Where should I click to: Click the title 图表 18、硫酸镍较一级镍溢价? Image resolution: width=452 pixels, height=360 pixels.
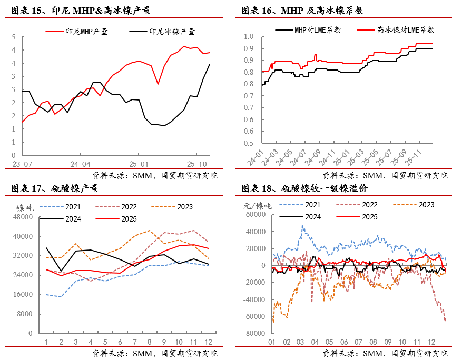[x=304, y=189]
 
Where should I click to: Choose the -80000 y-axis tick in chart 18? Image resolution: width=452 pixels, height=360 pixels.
[x=254, y=334]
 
